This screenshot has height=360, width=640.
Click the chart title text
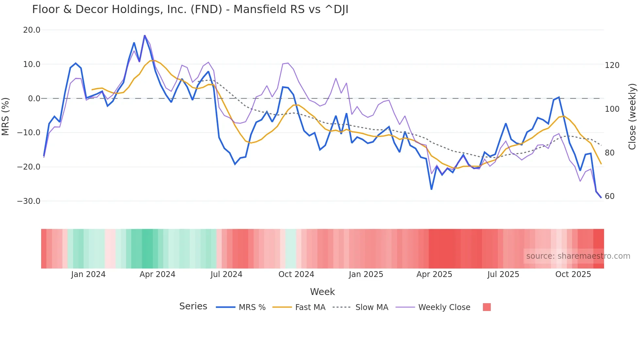tap(190, 9)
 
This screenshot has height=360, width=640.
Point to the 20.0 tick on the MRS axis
tap(32, 30)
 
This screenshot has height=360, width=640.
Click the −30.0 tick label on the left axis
tap(29, 201)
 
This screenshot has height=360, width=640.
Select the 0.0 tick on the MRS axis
tap(34, 99)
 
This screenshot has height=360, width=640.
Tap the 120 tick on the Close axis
tap(612, 65)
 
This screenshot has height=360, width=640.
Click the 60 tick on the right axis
tap(610, 196)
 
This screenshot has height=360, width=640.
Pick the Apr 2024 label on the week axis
tap(157, 274)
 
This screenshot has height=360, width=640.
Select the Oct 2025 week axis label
tap(573, 274)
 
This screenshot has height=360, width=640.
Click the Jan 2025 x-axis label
tap(366, 274)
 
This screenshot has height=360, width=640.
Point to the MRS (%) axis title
tap(6, 117)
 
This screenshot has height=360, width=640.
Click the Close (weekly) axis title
tap(632, 117)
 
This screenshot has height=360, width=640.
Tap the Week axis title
tap(322, 292)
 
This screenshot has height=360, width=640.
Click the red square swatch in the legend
tap(487, 307)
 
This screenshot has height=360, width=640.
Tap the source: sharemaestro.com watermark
tap(578, 256)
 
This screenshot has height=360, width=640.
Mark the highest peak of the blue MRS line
tap(145, 36)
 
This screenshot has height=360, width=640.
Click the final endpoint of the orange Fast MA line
tap(601, 164)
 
